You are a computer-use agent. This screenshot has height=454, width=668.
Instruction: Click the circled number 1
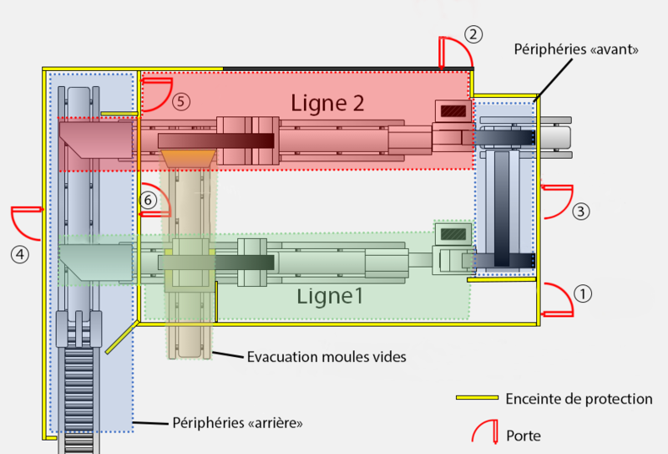(584, 293)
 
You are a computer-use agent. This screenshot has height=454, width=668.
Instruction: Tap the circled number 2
(473, 35)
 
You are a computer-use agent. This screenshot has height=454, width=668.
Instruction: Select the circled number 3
(581, 212)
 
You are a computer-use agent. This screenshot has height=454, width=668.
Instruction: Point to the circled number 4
(22, 253)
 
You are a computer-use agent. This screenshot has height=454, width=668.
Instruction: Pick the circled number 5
(182, 102)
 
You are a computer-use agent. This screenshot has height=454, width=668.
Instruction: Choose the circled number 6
(148, 201)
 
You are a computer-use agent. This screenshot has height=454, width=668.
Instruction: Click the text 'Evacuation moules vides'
(326, 357)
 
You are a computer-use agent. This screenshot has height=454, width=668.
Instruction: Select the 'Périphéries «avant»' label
(577, 49)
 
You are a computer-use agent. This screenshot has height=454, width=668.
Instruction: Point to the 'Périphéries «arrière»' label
(237, 423)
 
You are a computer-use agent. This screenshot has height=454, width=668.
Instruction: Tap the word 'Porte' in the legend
(524, 436)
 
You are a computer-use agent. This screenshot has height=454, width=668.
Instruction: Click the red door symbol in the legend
(484, 431)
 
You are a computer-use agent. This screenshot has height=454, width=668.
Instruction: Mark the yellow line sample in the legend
(476, 398)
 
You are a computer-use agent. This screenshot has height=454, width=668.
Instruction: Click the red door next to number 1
(557, 301)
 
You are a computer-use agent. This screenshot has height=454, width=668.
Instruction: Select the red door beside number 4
(28, 219)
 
